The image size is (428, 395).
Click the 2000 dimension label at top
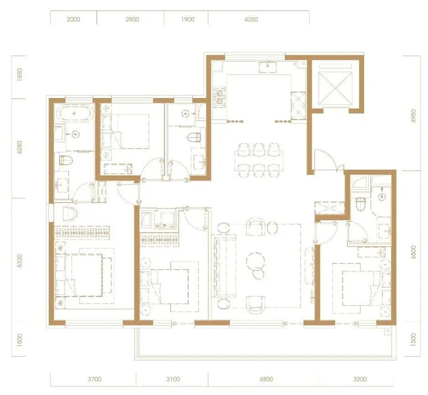pos(73,19)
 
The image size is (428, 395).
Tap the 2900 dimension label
pos(133,19)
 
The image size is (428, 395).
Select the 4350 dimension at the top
pos(251,19)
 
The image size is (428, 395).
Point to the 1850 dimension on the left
pos(19,74)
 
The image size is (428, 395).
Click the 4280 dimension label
pos(19,147)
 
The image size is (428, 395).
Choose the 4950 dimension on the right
pos(413,116)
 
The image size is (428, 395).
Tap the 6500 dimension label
pos(413,252)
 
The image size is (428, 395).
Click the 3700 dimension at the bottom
pos(95,379)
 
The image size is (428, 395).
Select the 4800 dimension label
pos(266,379)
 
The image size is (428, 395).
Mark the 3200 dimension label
pos(360,379)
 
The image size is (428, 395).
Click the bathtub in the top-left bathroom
pos(74,113)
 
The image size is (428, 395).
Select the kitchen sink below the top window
pos(268,67)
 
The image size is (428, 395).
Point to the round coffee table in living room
pos(255,260)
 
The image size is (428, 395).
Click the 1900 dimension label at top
pos(188,19)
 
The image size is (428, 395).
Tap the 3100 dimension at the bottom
pos(173,379)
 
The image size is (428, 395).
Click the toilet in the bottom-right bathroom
pos(361,204)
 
